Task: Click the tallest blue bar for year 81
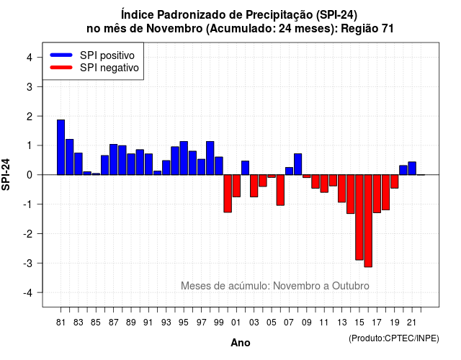pos(61,147)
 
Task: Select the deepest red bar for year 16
pos(368,221)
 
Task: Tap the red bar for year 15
pos(359,217)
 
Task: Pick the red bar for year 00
pos(228,194)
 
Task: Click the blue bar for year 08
pos(297,164)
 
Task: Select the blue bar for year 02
pos(245,168)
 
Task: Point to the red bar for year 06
pos(280,190)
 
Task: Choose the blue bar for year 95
pos(184,158)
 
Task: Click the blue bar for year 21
pos(412,168)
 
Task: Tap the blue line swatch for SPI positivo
pos(61,55)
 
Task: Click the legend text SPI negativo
pos(109,68)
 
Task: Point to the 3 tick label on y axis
pos(30,86)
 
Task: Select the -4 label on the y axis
pos(28,293)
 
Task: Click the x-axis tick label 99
pos(219,323)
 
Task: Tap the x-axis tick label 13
pos(341,323)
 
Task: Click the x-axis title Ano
pos(241,343)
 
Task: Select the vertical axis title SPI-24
pos(6,174)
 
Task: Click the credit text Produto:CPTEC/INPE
pos(394,338)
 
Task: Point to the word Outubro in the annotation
pos(351,286)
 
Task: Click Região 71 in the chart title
pos(367,29)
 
